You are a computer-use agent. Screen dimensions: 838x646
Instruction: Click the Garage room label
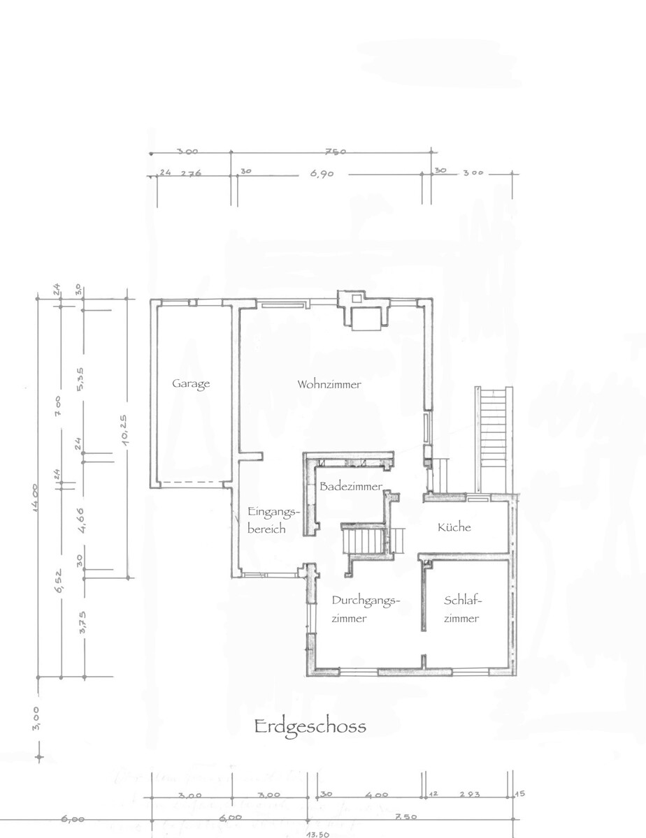(191, 383)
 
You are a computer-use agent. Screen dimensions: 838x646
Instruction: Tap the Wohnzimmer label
(329, 385)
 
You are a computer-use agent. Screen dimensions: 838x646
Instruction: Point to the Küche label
(454, 527)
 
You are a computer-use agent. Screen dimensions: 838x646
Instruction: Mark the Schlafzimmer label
(463, 609)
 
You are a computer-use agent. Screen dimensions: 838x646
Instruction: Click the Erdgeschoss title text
(310, 726)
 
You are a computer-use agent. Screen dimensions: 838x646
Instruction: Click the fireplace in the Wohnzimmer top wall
(362, 312)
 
